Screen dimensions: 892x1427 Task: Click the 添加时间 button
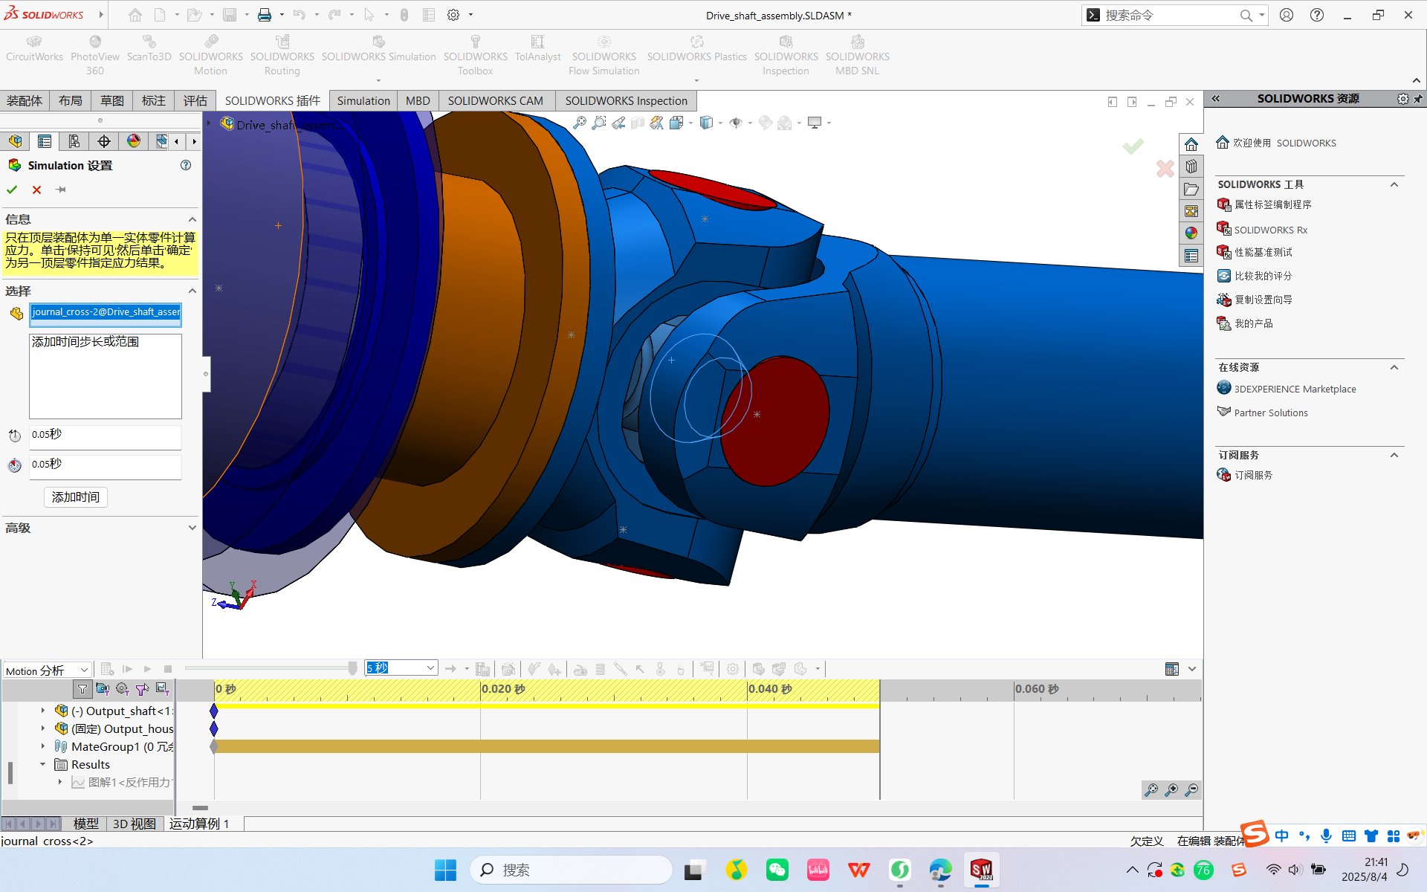(x=76, y=497)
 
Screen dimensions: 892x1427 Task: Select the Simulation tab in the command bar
(x=363, y=100)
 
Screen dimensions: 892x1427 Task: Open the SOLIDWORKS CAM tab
(x=495, y=100)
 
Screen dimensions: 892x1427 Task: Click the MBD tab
(x=418, y=100)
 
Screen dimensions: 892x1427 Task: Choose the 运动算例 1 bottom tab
(x=199, y=824)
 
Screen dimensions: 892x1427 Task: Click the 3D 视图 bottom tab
(x=134, y=824)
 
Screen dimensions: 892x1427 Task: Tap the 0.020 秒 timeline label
(x=503, y=689)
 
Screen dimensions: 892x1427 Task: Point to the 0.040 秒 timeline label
(x=770, y=689)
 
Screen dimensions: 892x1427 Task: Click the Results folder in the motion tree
(x=90, y=764)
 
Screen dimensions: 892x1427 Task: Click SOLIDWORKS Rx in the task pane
(x=1270, y=230)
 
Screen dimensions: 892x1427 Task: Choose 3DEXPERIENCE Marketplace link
(x=1295, y=389)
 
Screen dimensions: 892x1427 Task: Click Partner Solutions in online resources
(x=1271, y=413)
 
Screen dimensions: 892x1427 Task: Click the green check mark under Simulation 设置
(x=12, y=190)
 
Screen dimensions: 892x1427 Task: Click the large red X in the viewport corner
(x=1165, y=169)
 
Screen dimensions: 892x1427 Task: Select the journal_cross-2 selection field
(x=106, y=312)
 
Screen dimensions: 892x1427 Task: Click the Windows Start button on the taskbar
(x=445, y=870)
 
